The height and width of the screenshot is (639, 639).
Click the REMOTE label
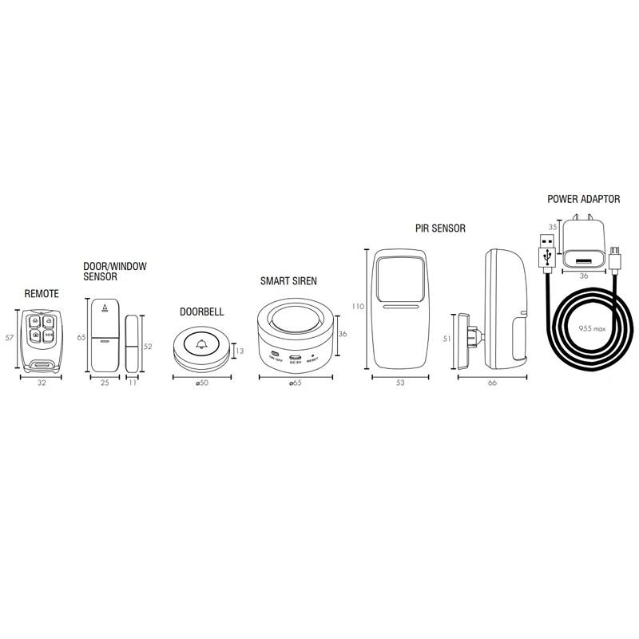tap(42, 294)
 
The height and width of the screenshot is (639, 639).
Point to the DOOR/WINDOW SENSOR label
tap(115, 271)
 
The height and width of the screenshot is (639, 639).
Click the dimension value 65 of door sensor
tap(81, 337)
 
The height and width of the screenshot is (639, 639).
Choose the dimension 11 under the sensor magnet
tap(133, 383)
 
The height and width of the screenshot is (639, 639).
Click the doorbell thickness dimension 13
tap(238, 350)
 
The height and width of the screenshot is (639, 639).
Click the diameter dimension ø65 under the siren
tap(295, 383)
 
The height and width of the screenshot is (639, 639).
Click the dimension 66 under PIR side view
tap(492, 383)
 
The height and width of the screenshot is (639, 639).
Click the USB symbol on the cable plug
tap(546, 256)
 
